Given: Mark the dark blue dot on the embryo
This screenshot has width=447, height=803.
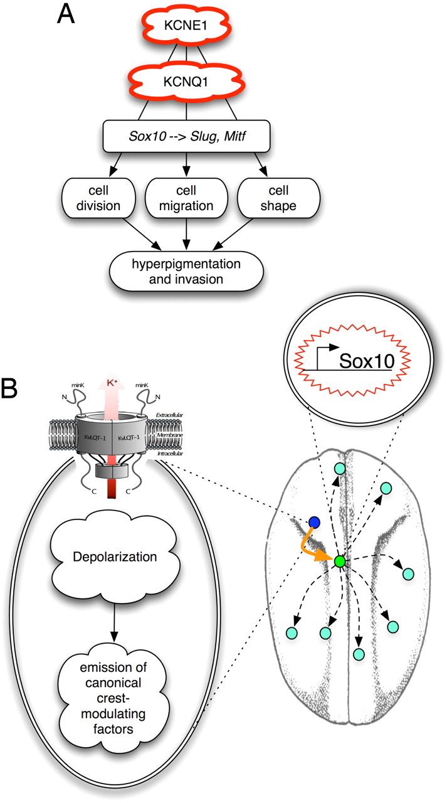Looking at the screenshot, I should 315,523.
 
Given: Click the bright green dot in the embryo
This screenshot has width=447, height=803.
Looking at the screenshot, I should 340,561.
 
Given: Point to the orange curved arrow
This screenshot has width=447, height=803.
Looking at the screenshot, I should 318,549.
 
